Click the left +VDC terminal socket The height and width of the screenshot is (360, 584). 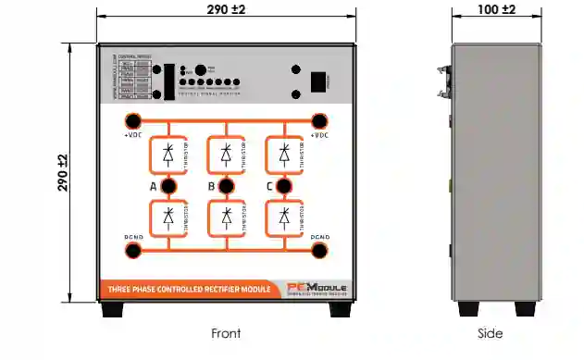[x=132, y=120]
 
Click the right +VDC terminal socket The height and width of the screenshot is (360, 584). [x=320, y=120]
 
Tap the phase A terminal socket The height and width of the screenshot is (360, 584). [x=168, y=187]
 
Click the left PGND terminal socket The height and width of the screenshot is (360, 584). [x=132, y=250]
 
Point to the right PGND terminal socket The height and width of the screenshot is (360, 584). [x=320, y=250]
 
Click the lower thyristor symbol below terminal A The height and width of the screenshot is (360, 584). [x=168, y=218]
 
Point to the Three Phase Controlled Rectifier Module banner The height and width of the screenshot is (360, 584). [x=190, y=290]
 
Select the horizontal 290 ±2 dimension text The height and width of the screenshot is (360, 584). [x=226, y=8]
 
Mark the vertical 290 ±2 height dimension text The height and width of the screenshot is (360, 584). [x=62, y=173]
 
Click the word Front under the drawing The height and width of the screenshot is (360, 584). [x=226, y=334]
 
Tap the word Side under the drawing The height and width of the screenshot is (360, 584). [x=490, y=334]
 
